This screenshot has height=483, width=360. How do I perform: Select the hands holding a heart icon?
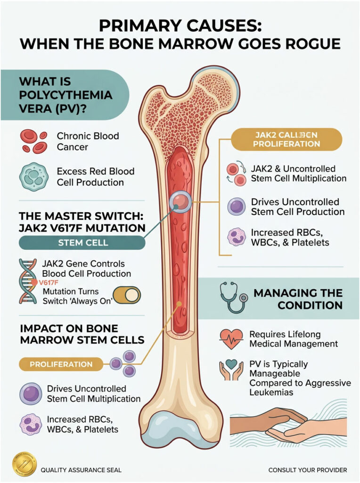click(231, 371)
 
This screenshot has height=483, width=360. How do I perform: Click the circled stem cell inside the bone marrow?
click(180, 203)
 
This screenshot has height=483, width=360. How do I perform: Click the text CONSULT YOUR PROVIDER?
click(307, 470)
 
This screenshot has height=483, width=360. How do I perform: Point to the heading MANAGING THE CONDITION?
click(298, 299)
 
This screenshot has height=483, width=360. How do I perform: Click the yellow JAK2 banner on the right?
click(286, 139)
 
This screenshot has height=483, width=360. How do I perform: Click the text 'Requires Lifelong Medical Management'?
click(293, 339)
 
